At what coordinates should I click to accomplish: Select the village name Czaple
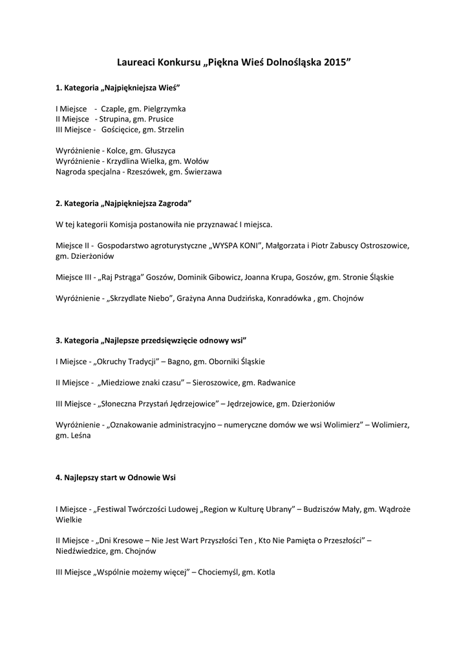click(113, 109)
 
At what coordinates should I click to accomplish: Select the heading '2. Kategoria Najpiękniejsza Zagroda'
click(123, 203)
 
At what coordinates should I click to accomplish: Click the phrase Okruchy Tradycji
click(129, 361)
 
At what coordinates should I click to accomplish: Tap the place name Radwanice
click(277, 383)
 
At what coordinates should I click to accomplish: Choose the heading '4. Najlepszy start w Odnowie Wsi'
click(116, 478)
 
